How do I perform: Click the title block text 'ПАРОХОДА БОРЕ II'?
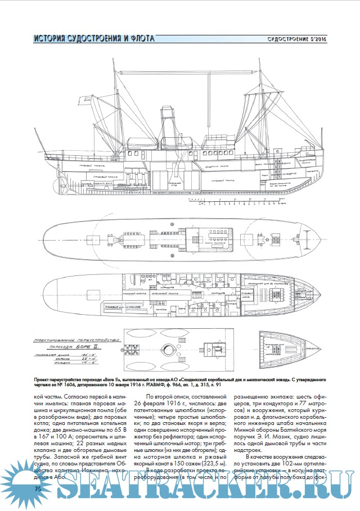79,347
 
